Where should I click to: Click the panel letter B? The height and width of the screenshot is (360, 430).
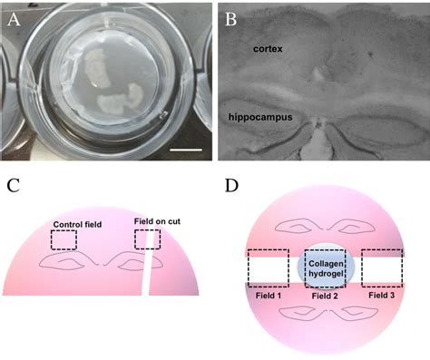[x=230, y=15]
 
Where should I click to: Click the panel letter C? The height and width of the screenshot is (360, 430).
[x=14, y=187]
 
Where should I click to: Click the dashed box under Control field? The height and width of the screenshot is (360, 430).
[x=64, y=238]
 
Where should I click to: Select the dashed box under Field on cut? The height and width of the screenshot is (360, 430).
[x=147, y=238]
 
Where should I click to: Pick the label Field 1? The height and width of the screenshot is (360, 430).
[x=266, y=296]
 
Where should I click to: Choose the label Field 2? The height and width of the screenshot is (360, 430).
[x=323, y=296]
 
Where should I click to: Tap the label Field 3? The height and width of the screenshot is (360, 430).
[x=381, y=296]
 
